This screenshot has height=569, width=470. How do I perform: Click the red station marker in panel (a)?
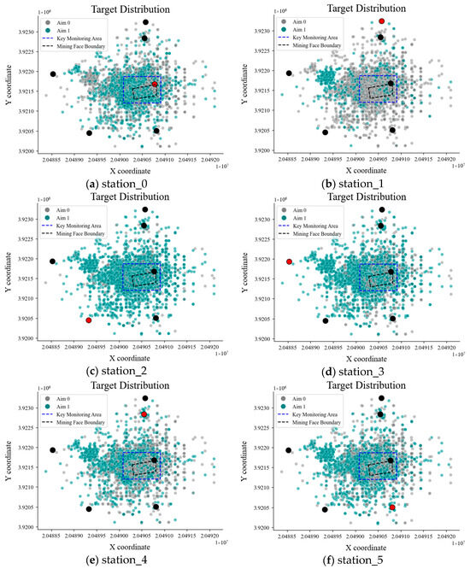coord(155,84)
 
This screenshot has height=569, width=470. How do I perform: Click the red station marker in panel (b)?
coord(381,21)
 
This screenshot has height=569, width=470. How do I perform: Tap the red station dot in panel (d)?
coord(290,261)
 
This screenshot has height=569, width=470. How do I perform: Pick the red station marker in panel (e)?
coord(144,414)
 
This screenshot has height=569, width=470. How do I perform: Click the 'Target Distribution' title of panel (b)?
coord(352,8)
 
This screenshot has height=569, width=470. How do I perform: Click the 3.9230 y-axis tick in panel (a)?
coord(32,32)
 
